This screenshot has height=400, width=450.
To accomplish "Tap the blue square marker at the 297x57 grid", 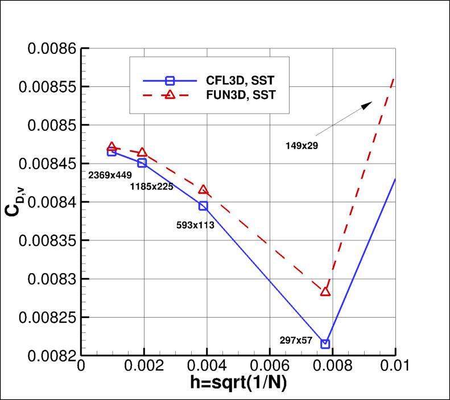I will (325, 344).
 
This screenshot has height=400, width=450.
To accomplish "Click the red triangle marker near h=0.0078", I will (325, 291).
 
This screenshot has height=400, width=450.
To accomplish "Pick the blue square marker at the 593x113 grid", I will (203, 206).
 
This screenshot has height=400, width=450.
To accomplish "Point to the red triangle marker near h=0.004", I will (203, 190).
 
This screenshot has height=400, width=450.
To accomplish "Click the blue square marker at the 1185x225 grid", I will (142, 163).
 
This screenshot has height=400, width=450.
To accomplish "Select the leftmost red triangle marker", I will (112, 147).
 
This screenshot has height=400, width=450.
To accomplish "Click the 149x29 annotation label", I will (302, 145).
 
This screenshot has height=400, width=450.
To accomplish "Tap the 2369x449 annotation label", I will (110, 176).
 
